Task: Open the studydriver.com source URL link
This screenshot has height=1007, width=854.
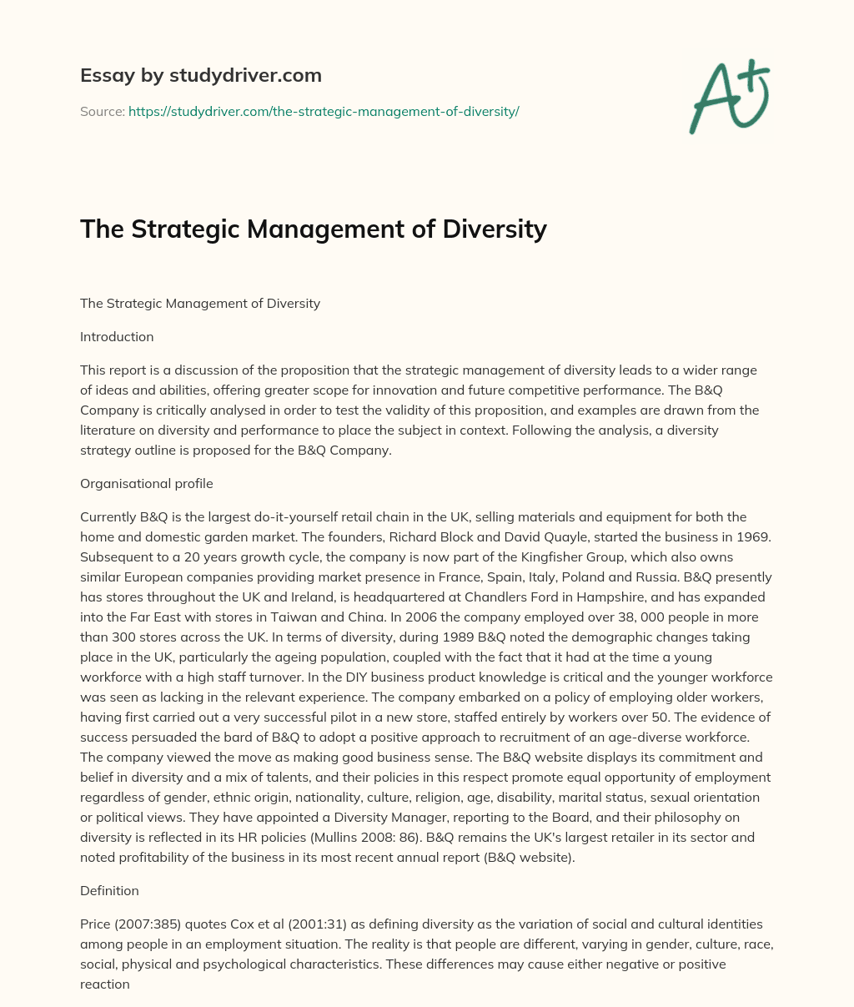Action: [324, 111]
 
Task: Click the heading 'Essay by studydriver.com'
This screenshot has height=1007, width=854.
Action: [200, 75]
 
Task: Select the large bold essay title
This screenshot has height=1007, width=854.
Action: [313, 229]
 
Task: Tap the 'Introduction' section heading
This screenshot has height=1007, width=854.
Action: [117, 337]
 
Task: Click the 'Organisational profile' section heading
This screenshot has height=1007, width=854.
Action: [146, 484]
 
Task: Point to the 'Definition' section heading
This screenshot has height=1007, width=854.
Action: [109, 891]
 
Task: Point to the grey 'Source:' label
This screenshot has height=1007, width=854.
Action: [102, 111]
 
